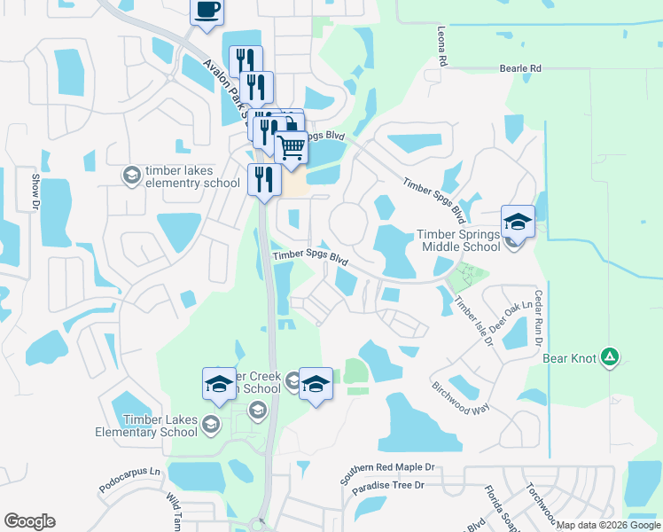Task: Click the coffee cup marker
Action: pos(207,12)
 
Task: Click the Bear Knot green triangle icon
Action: pos(610,357)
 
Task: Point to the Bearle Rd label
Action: pos(520,67)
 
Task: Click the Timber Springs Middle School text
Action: pos(459,240)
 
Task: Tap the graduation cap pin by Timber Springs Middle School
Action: pos(518,221)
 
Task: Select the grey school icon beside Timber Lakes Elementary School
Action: pos(211,426)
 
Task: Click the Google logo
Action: pos(29,521)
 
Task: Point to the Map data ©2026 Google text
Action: pos(608,526)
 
